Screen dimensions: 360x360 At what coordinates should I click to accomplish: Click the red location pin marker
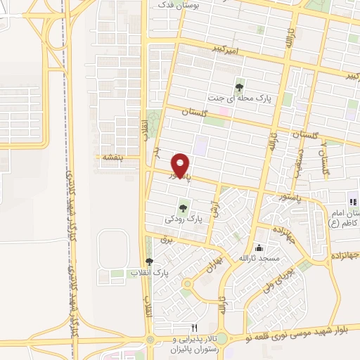(x=181, y=165)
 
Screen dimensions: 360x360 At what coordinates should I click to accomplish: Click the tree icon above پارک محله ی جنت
(x=240, y=87)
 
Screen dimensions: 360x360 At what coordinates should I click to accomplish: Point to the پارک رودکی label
(x=184, y=219)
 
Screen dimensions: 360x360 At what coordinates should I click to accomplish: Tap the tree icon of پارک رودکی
(x=184, y=207)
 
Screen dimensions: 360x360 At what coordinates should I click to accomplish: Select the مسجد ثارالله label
(x=259, y=258)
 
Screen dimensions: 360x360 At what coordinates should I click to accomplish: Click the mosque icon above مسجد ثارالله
(x=259, y=247)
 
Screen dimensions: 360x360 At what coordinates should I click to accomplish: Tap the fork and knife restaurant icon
(x=194, y=328)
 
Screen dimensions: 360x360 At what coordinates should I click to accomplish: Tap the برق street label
(x=166, y=240)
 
